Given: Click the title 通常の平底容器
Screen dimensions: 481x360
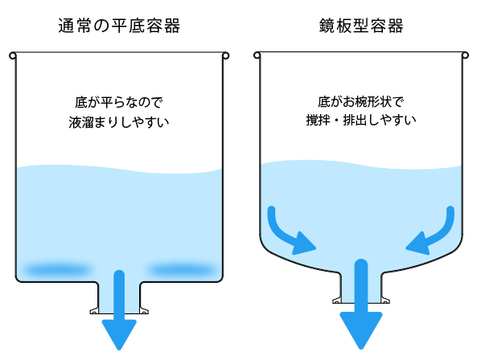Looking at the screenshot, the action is click(119, 26).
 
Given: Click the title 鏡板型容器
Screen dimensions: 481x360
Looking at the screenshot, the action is click(361, 26).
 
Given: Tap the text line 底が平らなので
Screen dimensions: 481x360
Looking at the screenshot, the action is click(119, 102).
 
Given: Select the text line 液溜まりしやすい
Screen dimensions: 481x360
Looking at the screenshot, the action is click(119, 122).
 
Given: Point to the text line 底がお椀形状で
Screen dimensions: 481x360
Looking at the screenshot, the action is click(361, 102).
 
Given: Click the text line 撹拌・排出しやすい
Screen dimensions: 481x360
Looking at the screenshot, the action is click(361, 120).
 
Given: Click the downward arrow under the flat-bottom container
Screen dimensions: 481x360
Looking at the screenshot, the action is click(119, 309).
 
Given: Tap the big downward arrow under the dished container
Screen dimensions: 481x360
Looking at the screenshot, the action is click(361, 303).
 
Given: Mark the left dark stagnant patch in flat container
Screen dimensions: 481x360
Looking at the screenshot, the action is click(57, 270).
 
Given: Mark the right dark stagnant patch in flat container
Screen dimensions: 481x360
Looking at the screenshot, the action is click(181, 270).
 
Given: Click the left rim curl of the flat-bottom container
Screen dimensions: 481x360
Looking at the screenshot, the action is click(13, 56).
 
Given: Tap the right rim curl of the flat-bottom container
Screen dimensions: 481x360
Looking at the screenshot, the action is click(226, 56).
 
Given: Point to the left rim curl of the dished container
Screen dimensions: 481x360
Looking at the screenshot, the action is click(257, 55).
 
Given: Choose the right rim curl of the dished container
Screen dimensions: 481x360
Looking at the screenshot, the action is click(466, 55).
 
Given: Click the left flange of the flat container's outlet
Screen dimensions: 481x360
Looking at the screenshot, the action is click(94, 311).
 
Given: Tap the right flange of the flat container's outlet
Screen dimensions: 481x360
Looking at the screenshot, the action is click(144, 311).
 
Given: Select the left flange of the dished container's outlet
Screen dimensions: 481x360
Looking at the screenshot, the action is click(337, 301).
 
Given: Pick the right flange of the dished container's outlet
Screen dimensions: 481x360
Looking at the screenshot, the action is click(385, 301).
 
